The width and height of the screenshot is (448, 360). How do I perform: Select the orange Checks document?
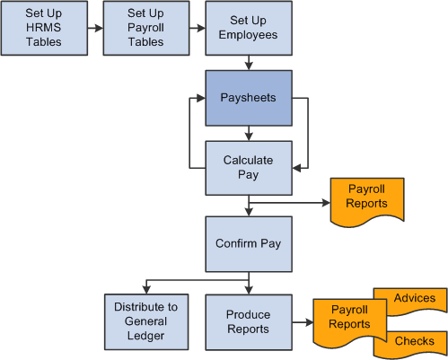coord(413,342)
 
